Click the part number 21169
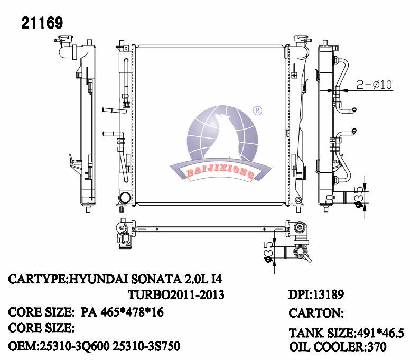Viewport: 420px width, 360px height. point(42,23)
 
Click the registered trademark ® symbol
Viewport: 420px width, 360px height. point(257,111)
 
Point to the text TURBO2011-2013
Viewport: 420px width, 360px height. point(176,295)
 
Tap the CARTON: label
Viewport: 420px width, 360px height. point(316,313)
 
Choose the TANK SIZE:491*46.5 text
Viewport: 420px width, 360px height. point(346,333)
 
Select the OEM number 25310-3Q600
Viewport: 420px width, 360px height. point(71,347)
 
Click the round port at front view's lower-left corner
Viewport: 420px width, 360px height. point(126,198)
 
